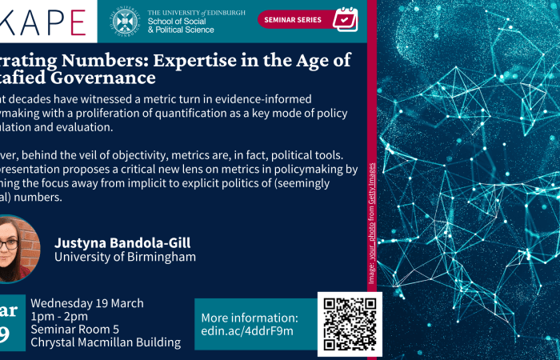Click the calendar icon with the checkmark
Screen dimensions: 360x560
coord(345,19)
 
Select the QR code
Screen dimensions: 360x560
coord(350,323)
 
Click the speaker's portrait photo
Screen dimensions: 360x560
coord(15,249)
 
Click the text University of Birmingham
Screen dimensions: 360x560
coord(125,257)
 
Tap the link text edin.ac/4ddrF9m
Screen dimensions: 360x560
coord(247,330)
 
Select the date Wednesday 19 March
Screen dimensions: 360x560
coord(87,303)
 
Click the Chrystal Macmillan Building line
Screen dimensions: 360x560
coord(106,342)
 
